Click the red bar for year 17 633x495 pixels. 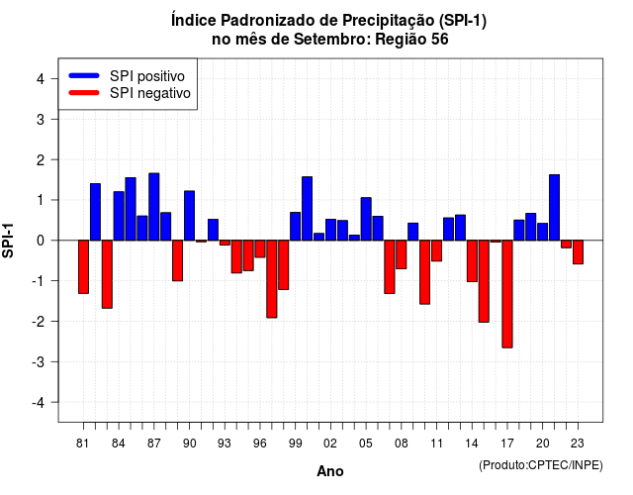(x=507, y=294)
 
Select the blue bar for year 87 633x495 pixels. (x=154, y=207)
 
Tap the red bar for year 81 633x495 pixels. (x=83, y=266)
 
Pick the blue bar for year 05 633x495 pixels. (x=366, y=219)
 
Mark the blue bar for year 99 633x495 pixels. (x=295, y=227)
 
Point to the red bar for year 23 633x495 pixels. (x=578, y=252)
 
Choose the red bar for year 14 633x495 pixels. (x=472, y=261)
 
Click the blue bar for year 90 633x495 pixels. (x=189, y=216)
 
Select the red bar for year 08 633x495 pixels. (x=402, y=254)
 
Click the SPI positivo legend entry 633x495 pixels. (x=127, y=76)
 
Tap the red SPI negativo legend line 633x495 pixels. (x=84, y=93)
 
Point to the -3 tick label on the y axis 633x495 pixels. (x=40, y=362)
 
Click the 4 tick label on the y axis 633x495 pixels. (x=41, y=79)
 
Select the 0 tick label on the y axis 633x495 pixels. (x=41, y=241)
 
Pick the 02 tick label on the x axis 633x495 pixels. (x=330, y=444)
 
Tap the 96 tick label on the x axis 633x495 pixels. (x=259, y=444)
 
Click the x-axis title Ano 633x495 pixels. (x=330, y=471)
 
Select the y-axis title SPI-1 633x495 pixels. (x=8, y=241)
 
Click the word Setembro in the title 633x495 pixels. (x=330, y=40)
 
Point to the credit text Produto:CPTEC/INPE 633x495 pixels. (x=541, y=465)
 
